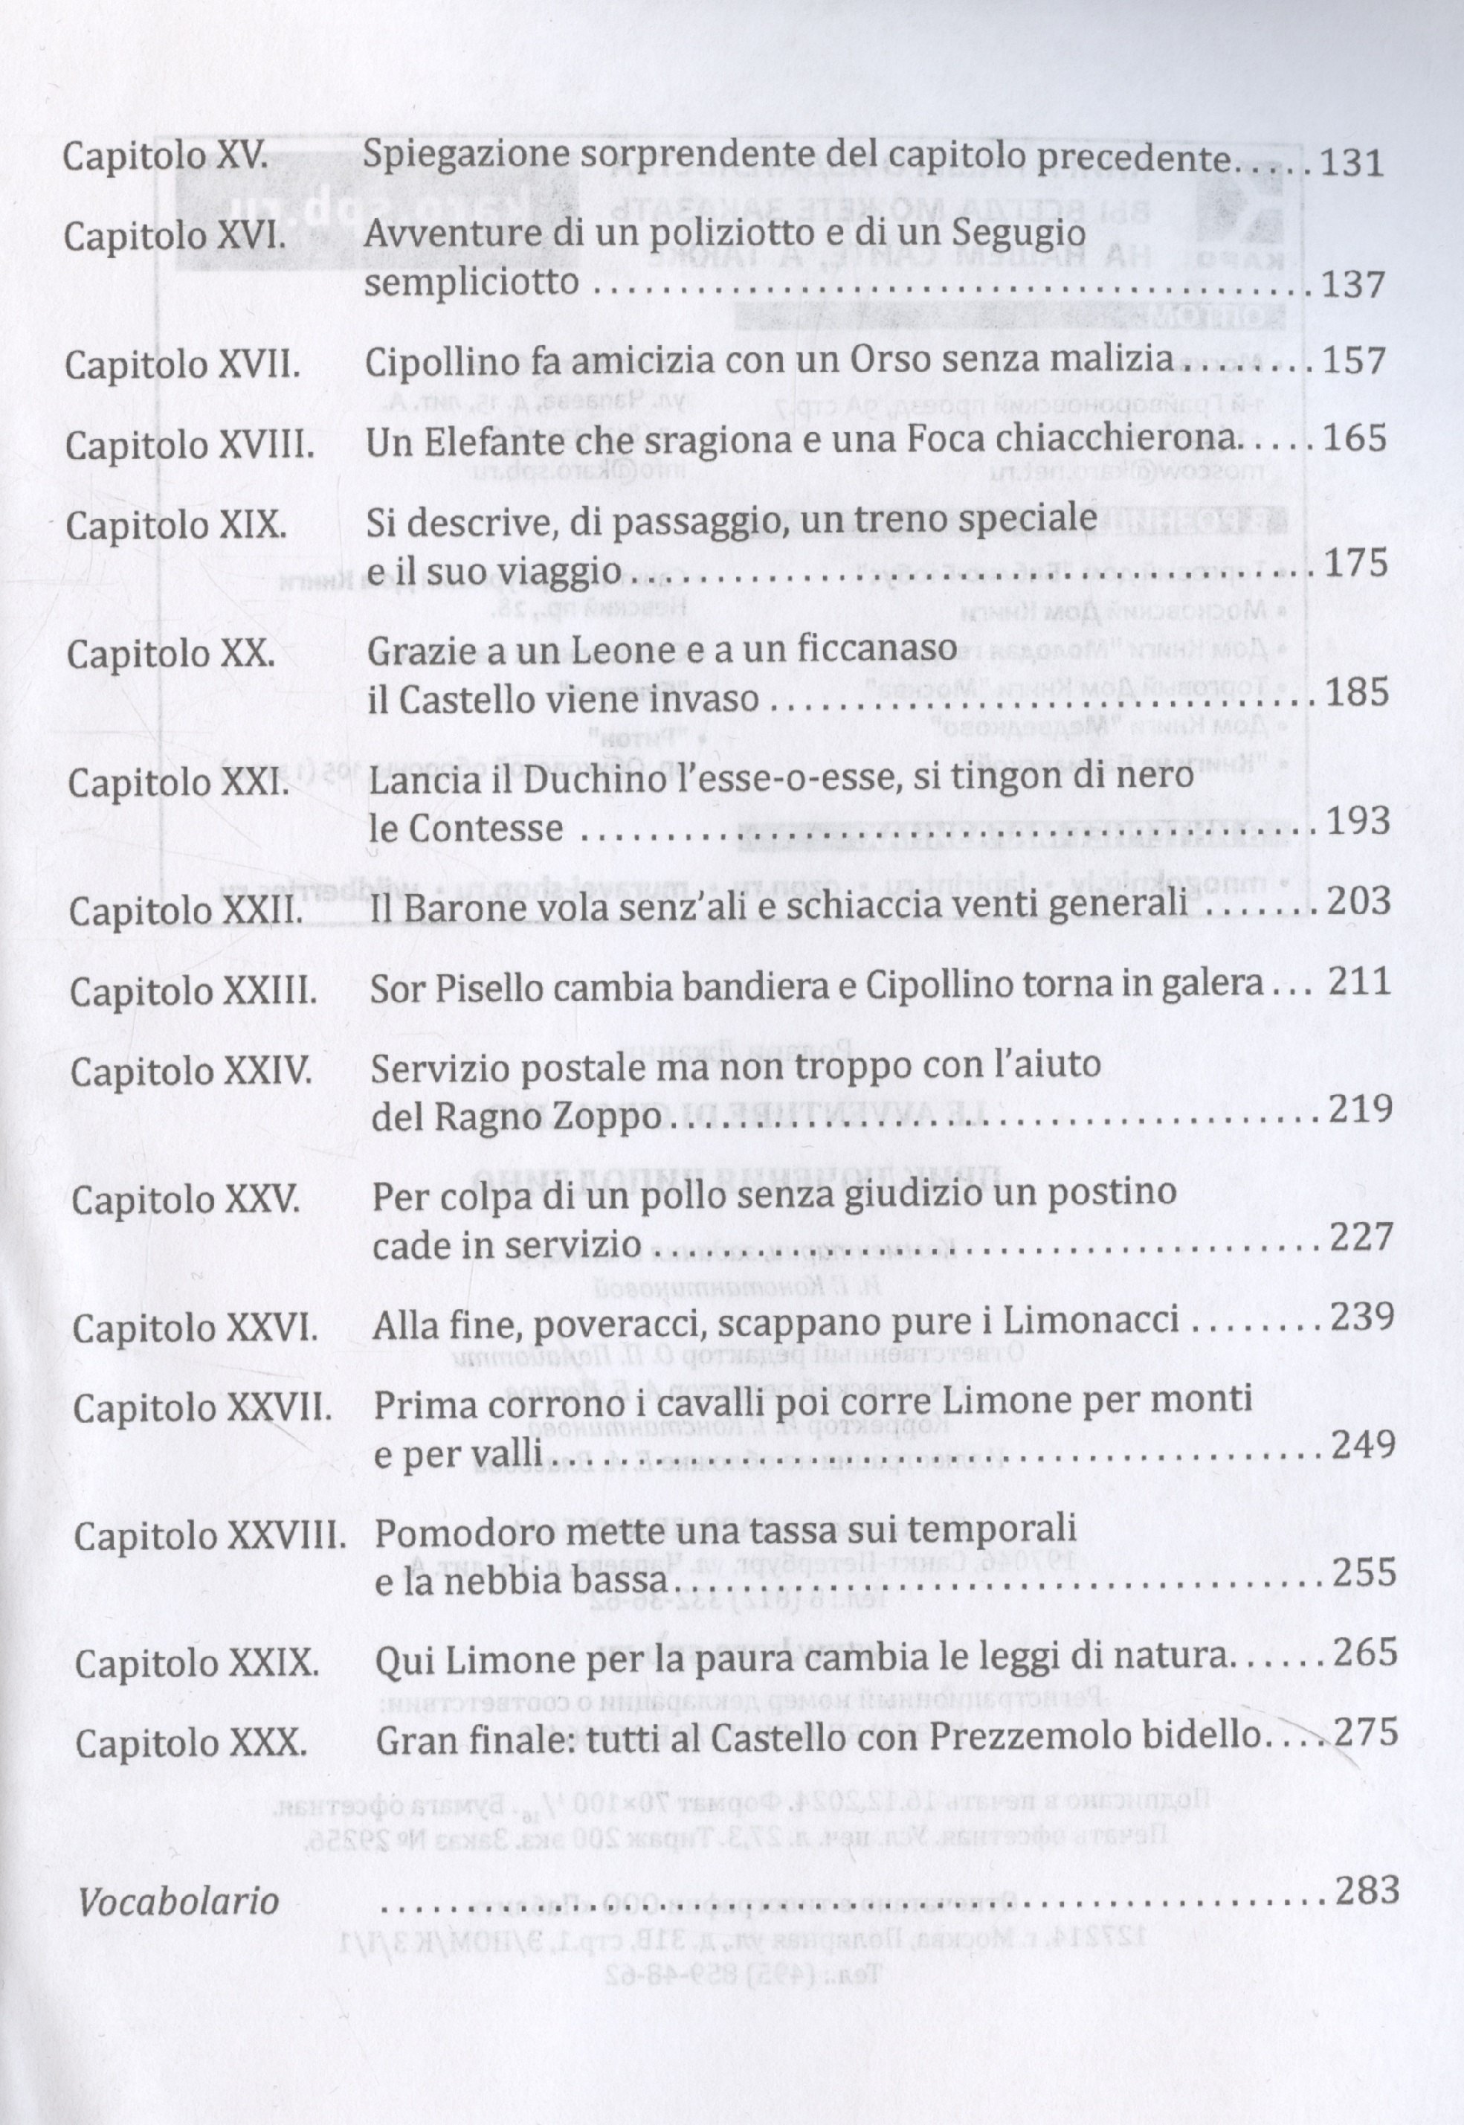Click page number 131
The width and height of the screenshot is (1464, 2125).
[x=1350, y=164]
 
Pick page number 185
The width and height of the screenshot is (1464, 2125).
[x=1355, y=691]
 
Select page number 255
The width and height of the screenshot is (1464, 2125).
[x=1364, y=1572]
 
